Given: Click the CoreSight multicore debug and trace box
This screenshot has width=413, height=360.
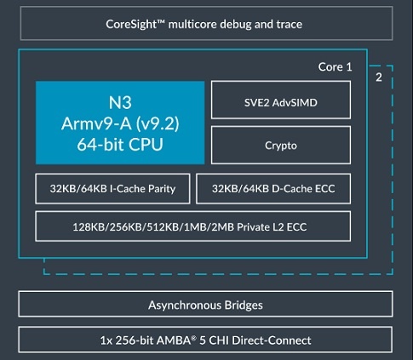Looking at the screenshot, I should click(206, 25).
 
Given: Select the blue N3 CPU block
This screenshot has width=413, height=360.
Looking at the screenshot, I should click(120, 122).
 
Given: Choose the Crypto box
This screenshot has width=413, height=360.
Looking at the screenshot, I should click(280, 145).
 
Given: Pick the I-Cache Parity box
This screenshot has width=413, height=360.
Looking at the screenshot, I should click(112, 189).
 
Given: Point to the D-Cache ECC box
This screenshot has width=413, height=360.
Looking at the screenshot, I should click(273, 189).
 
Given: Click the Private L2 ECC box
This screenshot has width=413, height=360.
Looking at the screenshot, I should click(193, 227).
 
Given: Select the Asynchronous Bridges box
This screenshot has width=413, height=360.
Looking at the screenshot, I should click(206, 305).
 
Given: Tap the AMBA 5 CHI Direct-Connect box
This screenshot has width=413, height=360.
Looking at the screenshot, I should click(206, 340).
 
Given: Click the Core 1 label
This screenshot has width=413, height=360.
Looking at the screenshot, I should click(336, 66).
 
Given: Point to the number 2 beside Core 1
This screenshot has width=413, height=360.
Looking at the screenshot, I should click(379, 77).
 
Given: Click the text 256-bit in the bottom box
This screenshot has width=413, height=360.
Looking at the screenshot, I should click(133, 340).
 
